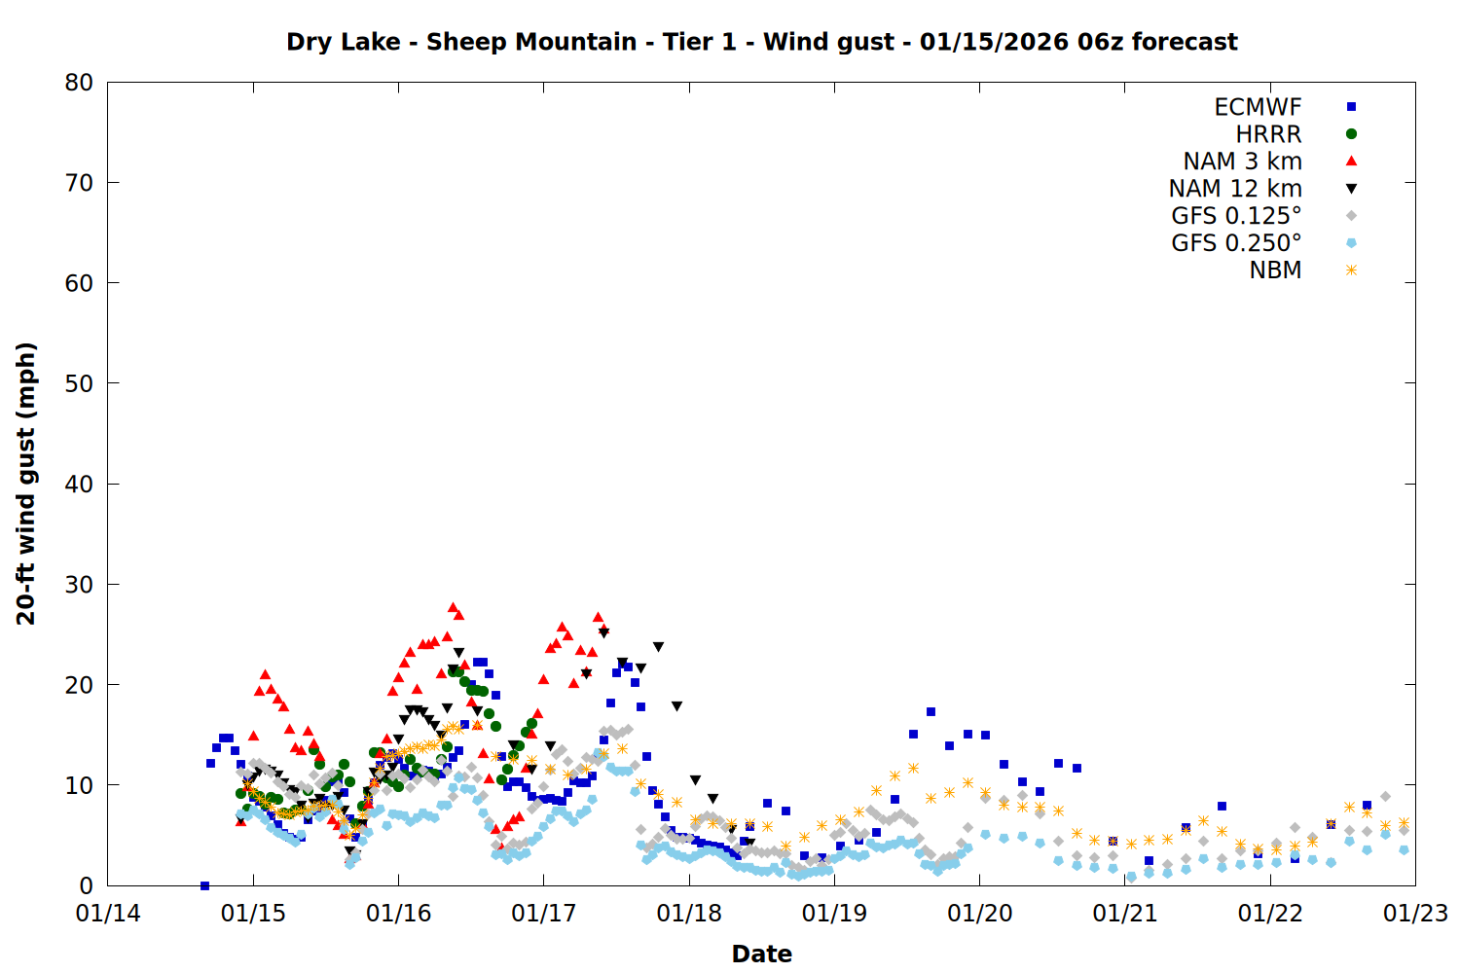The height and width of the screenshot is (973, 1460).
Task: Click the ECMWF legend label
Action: (x=1258, y=107)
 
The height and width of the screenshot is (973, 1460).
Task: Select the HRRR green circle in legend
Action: (x=1351, y=134)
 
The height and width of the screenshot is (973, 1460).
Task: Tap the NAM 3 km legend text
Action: (x=1242, y=162)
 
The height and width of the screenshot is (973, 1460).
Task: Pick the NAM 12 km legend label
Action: (x=1235, y=189)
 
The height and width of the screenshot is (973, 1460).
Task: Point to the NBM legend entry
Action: (x=1275, y=270)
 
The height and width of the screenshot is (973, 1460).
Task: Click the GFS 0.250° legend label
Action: (x=1236, y=243)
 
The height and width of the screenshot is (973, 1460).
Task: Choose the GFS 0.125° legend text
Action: (x=1236, y=216)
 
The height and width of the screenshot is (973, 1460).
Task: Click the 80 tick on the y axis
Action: (x=79, y=83)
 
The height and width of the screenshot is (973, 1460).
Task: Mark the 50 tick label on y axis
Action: (x=79, y=383)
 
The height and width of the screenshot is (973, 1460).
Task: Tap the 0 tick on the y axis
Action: (x=87, y=885)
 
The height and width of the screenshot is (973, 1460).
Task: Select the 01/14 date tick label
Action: (x=108, y=914)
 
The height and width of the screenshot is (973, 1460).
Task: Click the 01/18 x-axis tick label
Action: (x=689, y=914)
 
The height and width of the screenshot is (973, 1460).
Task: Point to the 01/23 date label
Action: (x=1415, y=914)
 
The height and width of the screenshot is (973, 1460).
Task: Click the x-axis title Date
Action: (x=761, y=954)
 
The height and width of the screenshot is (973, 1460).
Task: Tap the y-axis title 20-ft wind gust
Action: (x=26, y=484)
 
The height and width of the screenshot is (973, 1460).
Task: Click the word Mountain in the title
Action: (x=576, y=42)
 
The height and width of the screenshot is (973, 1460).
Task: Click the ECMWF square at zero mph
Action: (x=204, y=885)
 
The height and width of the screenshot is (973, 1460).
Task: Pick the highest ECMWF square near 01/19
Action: (x=931, y=712)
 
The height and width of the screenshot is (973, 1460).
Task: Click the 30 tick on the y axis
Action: (x=79, y=584)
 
